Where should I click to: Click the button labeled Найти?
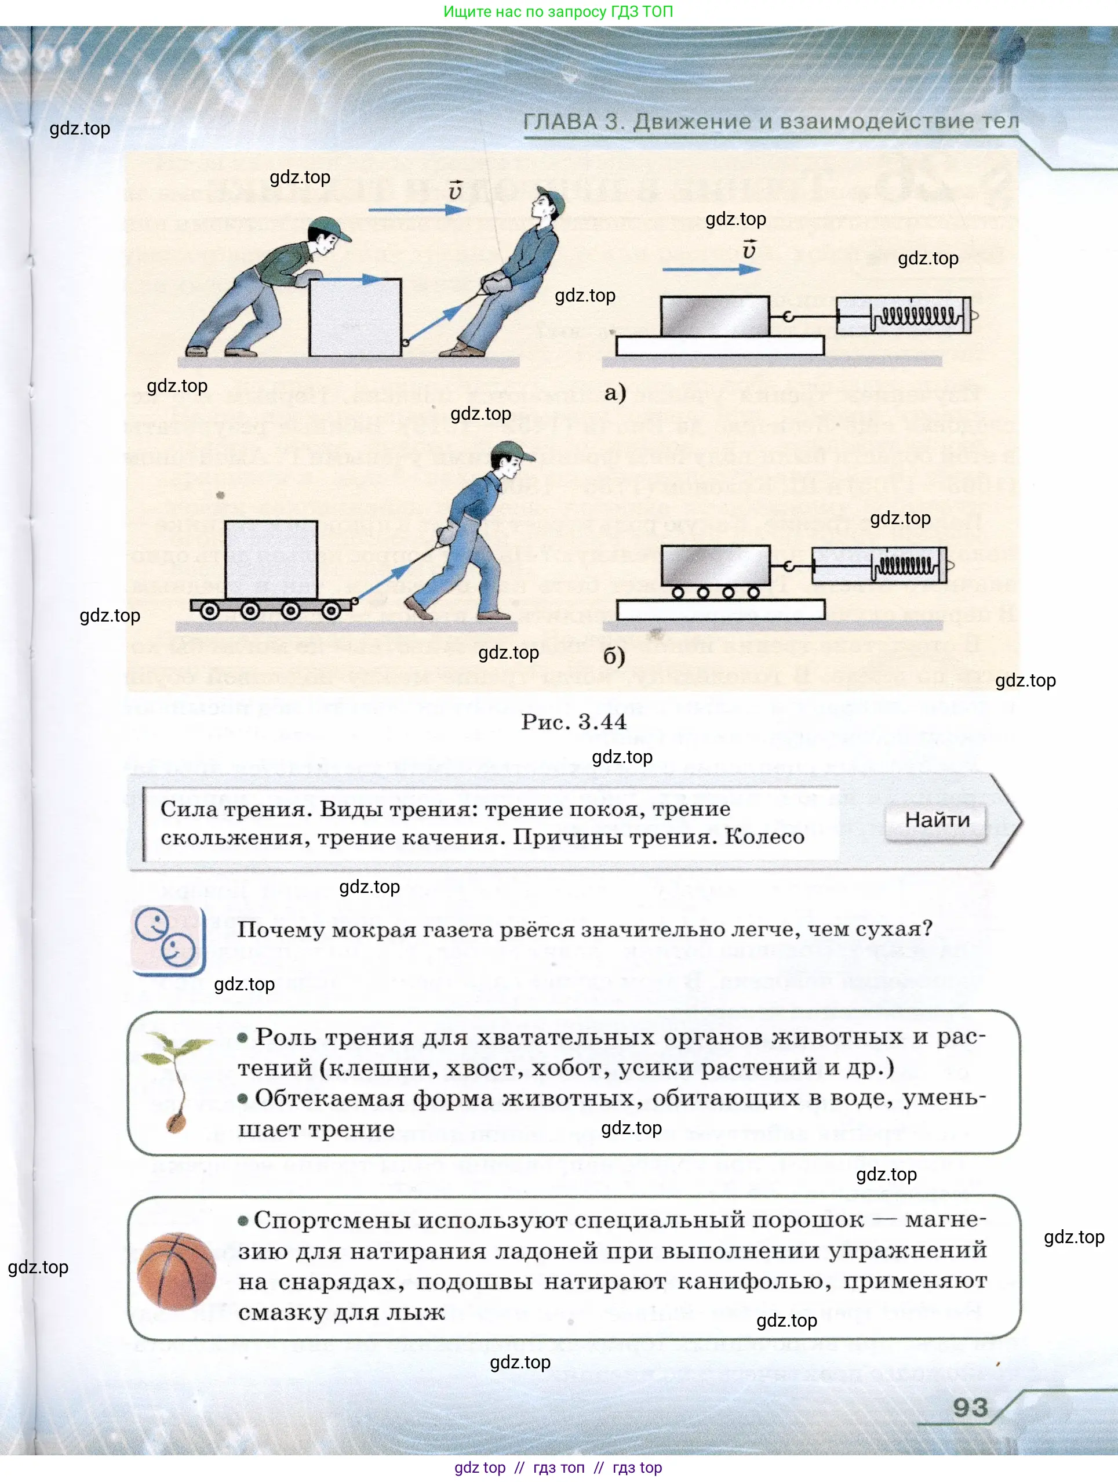[x=937, y=820]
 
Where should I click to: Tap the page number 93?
[x=970, y=1407]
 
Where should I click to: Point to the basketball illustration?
[x=176, y=1271]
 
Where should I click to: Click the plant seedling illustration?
[x=176, y=1081]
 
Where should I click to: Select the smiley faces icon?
[x=167, y=939]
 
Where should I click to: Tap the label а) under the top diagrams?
[x=614, y=392]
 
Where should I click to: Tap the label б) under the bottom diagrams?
[x=614, y=656]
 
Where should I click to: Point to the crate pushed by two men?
[x=355, y=317]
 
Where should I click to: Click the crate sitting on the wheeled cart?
[x=271, y=560]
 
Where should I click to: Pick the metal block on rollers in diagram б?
[x=715, y=565]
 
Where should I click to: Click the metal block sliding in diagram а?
[x=714, y=315]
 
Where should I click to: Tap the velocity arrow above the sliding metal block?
[x=711, y=270]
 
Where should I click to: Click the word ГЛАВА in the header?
[x=560, y=122]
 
